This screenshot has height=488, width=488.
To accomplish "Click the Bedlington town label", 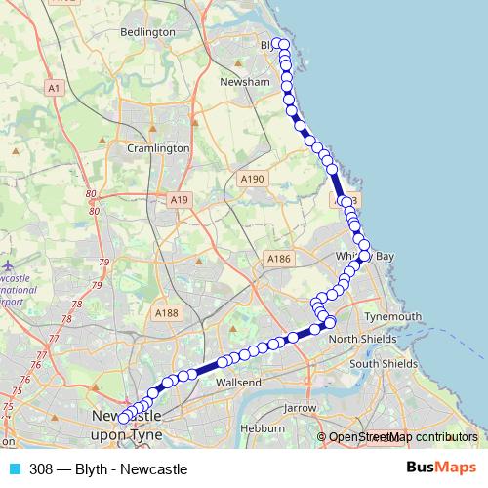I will point(146,32).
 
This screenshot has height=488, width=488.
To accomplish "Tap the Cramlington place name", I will point(158,148).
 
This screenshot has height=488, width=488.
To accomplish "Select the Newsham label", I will point(245,82).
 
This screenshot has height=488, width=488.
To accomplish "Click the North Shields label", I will point(364,338).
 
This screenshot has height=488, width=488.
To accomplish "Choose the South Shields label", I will point(385,363).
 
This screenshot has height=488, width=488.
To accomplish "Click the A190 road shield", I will point(252,179).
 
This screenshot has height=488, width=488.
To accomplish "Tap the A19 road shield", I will point(179,199).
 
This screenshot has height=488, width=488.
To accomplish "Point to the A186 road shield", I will point(279,259).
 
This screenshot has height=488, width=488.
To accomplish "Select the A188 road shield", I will point(167,312).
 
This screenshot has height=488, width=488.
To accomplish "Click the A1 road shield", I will point(55,88).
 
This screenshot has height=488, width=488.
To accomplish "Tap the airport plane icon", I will point(8,265).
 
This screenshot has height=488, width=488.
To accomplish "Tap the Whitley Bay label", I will point(363,254).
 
